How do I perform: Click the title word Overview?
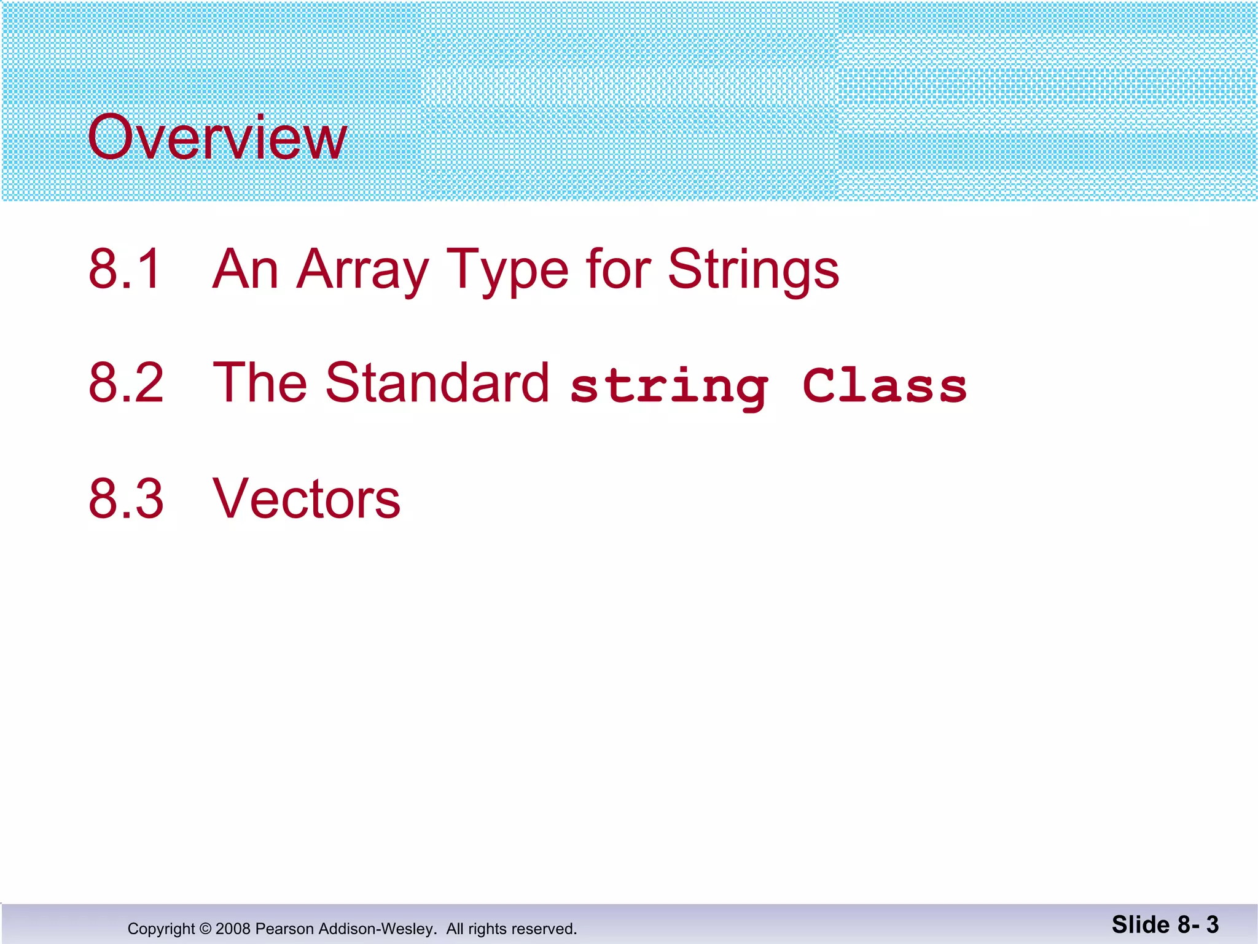217,138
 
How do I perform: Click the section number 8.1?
125,269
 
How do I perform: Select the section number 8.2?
126,383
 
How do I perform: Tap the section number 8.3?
126,498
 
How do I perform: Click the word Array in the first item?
362,270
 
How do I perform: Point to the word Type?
507,270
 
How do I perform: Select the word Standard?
437,383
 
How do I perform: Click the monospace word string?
669,387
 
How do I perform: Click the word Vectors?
306,498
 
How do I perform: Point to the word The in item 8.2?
259,383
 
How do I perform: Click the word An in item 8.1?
245,269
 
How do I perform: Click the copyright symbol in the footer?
205,929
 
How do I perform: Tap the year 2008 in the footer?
233,929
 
